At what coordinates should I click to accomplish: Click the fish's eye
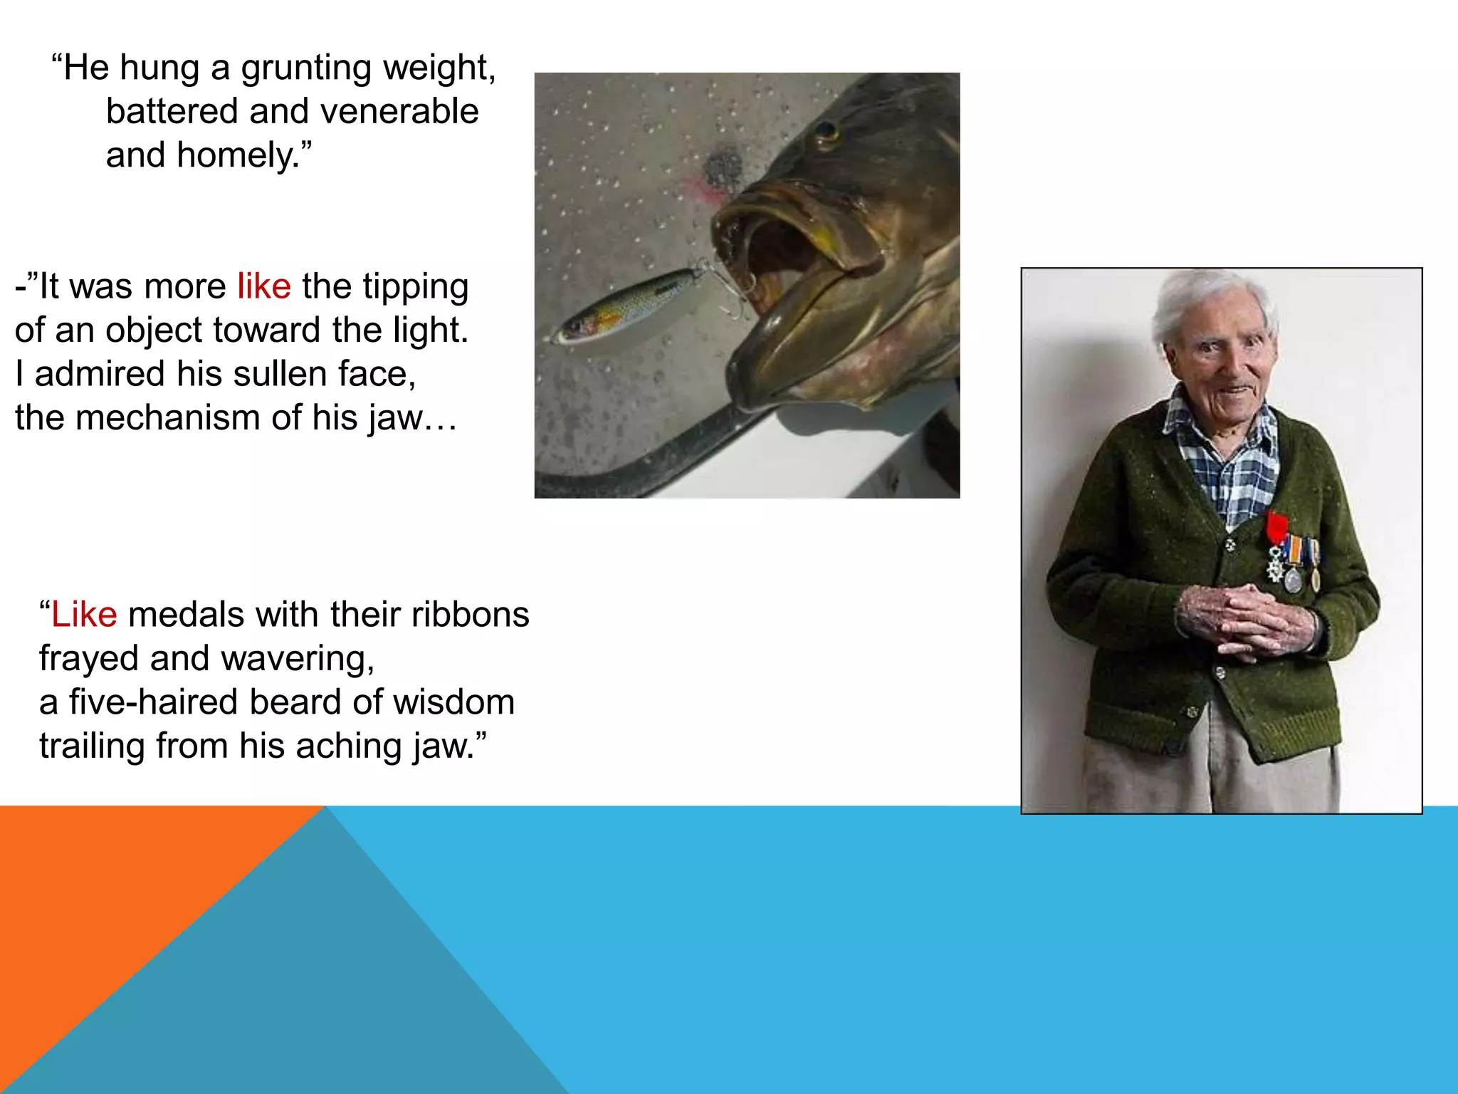(x=827, y=132)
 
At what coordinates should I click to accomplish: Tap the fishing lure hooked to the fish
(x=626, y=306)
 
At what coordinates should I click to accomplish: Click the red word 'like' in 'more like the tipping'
(x=264, y=286)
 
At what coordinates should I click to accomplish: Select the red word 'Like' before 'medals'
(x=84, y=615)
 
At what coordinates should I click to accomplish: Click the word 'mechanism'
(x=168, y=417)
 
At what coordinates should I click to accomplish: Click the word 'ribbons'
(x=470, y=615)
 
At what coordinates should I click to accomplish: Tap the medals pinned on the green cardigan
(x=1291, y=563)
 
